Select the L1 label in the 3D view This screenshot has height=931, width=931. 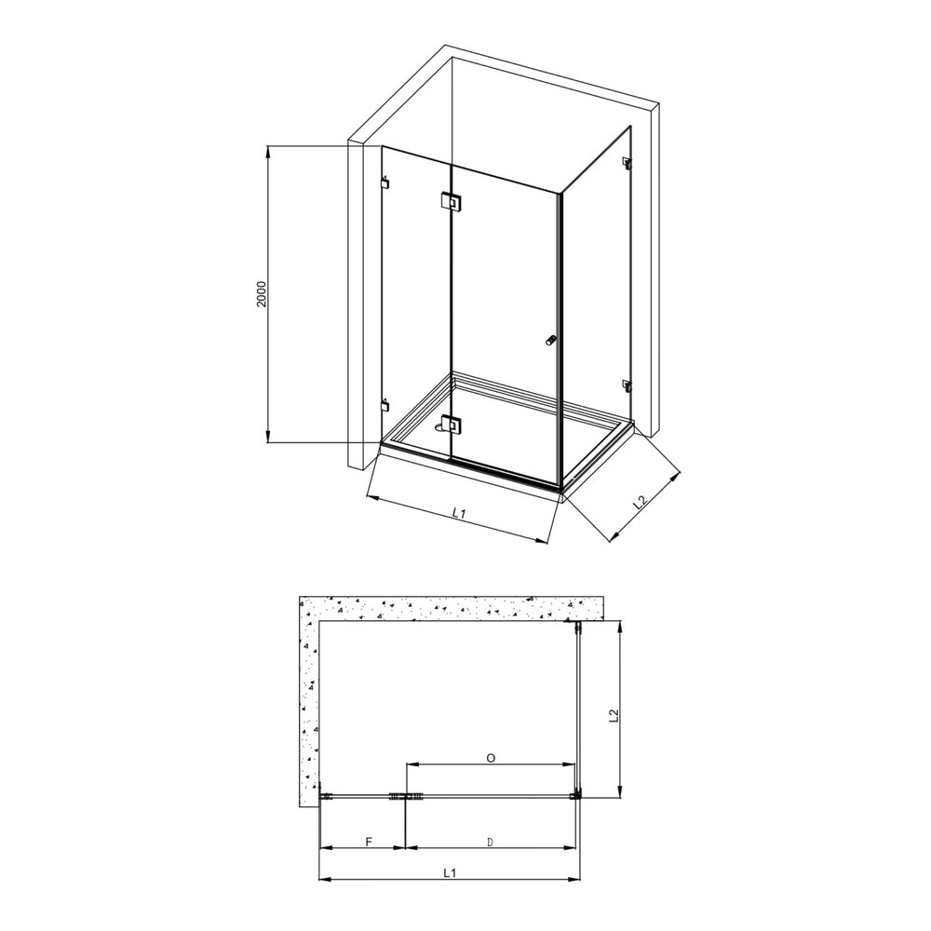coord(458,512)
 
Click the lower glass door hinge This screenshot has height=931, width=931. coord(451,425)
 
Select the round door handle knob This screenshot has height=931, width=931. coord(550,342)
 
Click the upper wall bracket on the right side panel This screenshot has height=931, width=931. coord(627,165)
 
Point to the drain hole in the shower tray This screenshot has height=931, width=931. coord(439,429)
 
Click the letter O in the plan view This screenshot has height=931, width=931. coord(491,758)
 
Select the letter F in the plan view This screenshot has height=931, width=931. coord(368,843)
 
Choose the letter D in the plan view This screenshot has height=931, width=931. coord(491,843)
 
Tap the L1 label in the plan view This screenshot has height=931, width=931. coord(450,873)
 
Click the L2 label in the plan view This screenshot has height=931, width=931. coord(613,715)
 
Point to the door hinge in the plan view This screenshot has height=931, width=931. coord(406,796)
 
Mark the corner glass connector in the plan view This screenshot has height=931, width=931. coord(577,795)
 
